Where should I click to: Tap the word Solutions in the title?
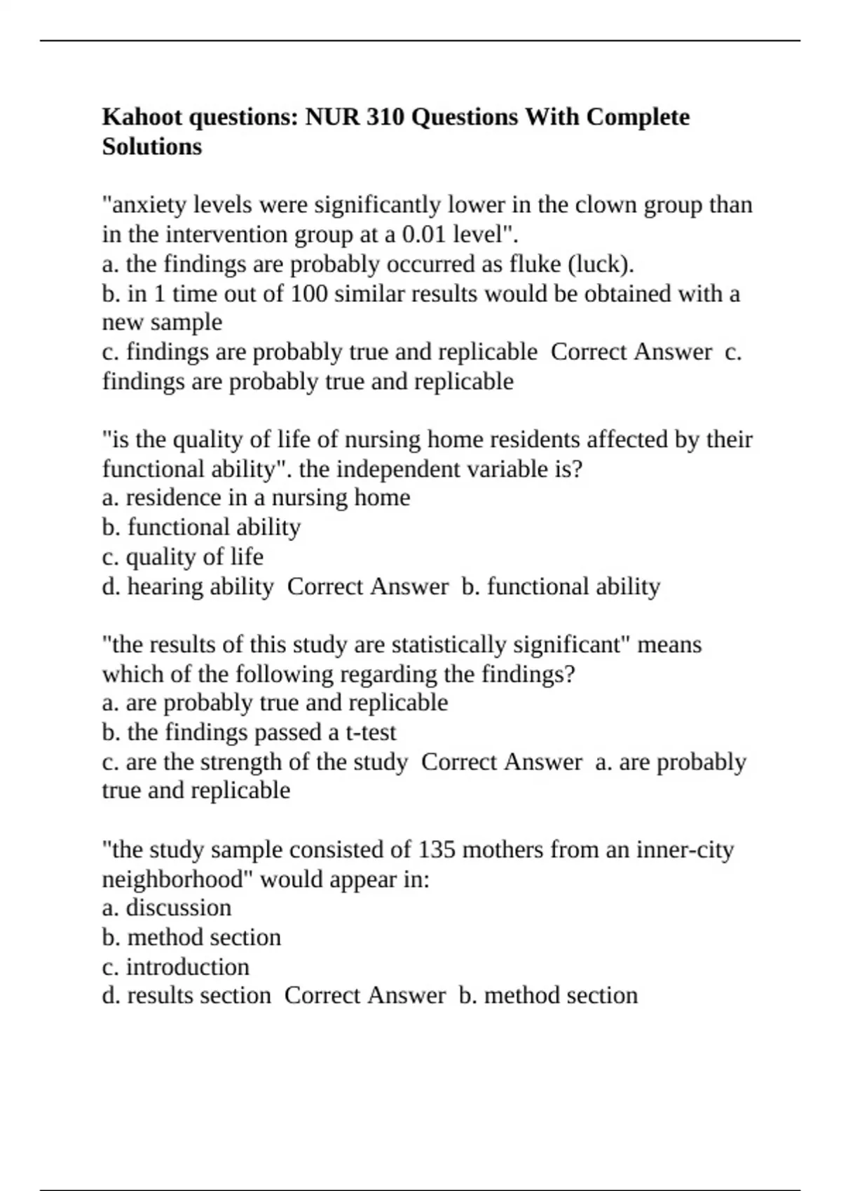click(152, 146)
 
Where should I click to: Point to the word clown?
click(606, 205)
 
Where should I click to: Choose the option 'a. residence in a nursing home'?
click(256, 497)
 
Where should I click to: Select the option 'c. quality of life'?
click(183, 557)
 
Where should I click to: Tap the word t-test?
click(371, 733)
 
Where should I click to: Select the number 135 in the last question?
click(437, 850)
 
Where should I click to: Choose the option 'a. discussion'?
click(167, 908)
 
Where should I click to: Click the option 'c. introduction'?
click(176, 967)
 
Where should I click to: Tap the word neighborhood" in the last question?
click(178, 879)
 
